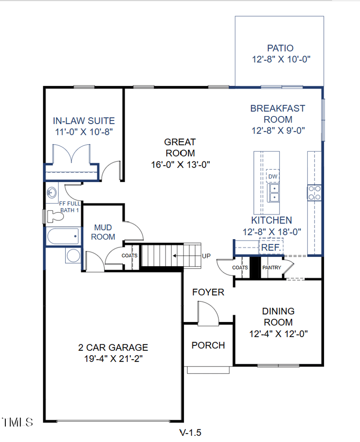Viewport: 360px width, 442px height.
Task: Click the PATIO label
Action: pos(280,48)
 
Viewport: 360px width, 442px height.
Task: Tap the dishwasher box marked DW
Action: pos(273,176)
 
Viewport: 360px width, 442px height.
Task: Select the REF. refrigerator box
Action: pos(271,247)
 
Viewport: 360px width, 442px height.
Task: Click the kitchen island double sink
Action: pos(274,193)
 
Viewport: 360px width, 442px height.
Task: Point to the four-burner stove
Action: pos(315,193)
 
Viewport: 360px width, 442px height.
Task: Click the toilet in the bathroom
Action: pos(54,216)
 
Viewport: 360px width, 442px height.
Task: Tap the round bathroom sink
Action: pos(52,193)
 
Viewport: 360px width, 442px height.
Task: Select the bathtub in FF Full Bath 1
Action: pos(63,236)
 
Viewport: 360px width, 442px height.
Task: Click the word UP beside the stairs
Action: pos(206,256)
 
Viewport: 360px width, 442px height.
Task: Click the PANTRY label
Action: pos(272,268)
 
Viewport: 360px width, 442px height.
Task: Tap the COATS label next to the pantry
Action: pos(240,268)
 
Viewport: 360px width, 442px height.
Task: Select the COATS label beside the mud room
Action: pos(130,256)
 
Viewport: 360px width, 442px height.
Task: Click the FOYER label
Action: pos(208,292)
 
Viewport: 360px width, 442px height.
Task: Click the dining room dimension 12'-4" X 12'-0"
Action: pos(279,334)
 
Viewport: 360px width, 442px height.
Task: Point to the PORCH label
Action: pos(208,345)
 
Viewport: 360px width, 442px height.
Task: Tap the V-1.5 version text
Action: pos(190,433)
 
